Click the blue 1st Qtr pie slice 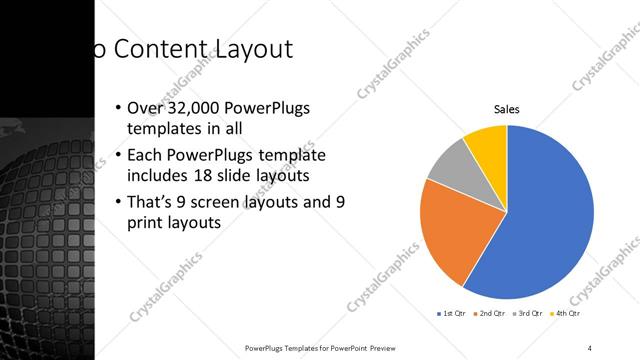[545, 220]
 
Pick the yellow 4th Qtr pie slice [488, 143]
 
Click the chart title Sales [507, 109]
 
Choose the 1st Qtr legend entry [451, 314]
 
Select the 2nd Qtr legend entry [490, 314]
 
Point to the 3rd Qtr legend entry [530, 314]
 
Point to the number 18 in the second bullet [246, 177]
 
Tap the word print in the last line [146, 224]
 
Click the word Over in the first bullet [145, 108]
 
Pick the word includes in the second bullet [157, 177]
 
